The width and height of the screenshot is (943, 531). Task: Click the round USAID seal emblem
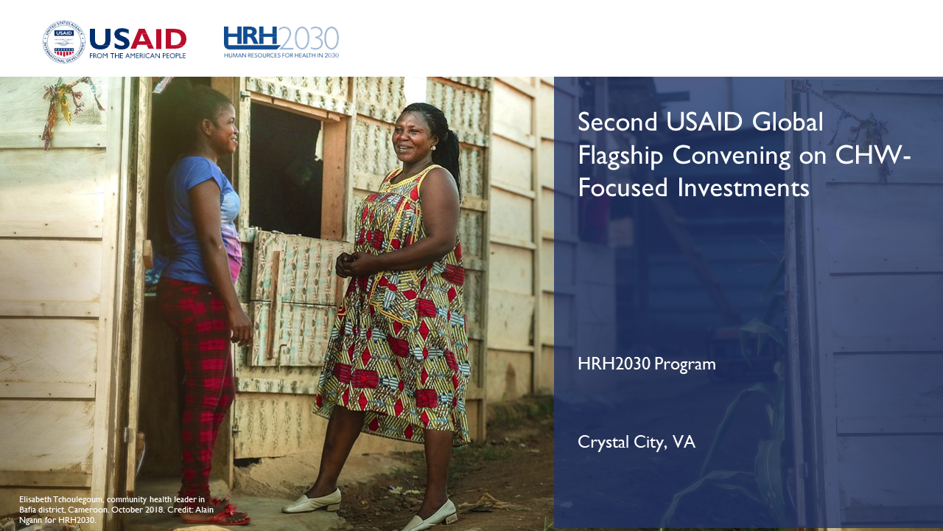[x=63, y=42]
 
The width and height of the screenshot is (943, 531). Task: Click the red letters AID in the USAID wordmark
[x=158, y=39]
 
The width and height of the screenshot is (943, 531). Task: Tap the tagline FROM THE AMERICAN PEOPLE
[x=137, y=55]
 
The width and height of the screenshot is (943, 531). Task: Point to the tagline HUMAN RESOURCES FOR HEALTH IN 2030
[x=281, y=55]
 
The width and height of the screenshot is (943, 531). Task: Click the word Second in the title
[x=617, y=122]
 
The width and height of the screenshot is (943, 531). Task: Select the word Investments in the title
[x=743, y=187]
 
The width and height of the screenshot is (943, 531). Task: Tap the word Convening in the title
[x=732, y=156]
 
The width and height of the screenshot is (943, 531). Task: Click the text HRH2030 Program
[x=647, y=364]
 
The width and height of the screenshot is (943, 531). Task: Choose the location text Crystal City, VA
[x=636, y=442]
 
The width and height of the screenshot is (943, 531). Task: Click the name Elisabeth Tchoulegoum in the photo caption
[x=61, y=499]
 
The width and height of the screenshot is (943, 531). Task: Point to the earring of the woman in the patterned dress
[x=432, y=147]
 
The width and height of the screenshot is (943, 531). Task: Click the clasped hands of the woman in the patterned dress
[x=349, y=264]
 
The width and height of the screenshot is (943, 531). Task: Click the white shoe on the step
[x=312, y=501]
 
